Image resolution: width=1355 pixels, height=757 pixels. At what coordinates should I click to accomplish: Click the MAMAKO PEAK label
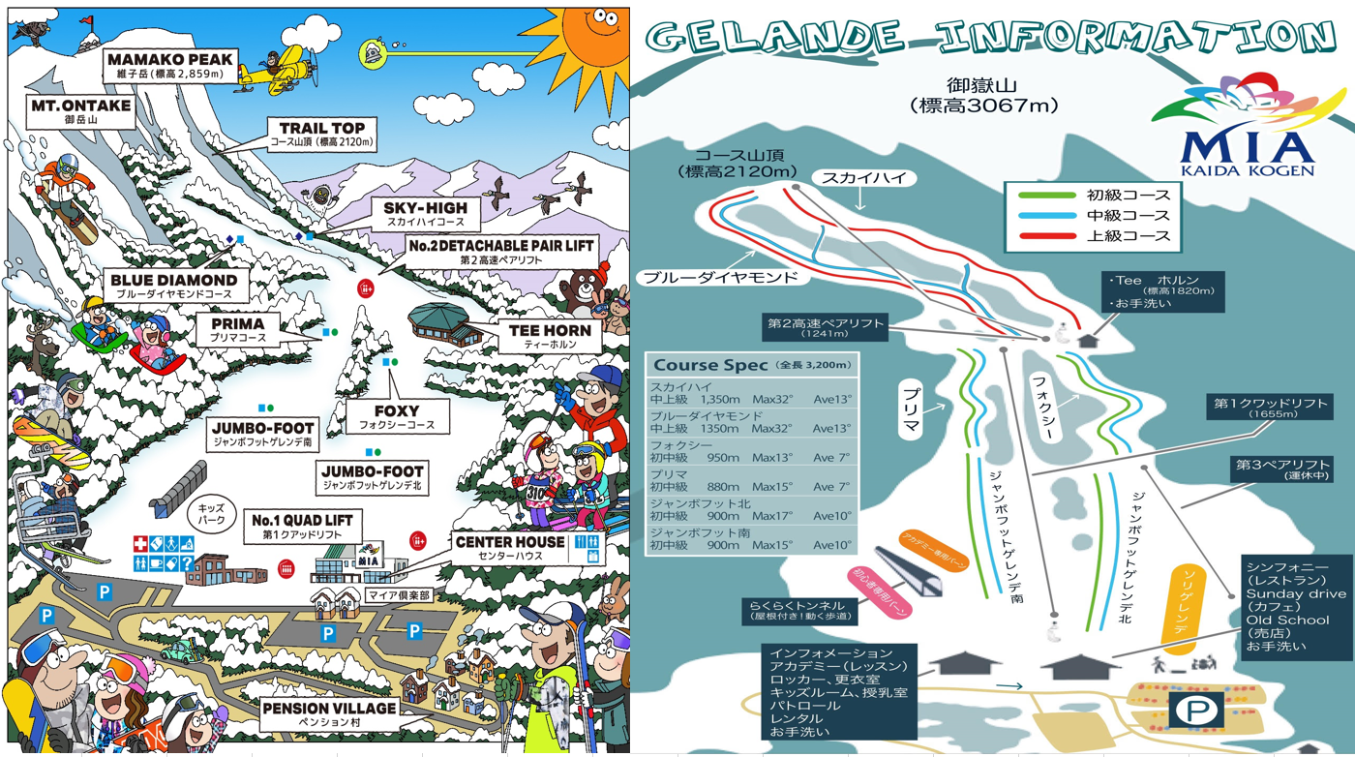(170, 65)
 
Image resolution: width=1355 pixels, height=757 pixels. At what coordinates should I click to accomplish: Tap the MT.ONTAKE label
(80, 111)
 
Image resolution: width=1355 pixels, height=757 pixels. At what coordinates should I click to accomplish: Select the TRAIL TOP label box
(321, 135)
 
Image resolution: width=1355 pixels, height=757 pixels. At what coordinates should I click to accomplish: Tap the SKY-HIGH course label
(425, 214)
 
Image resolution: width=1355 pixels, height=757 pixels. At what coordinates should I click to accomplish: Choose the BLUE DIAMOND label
(173, 286)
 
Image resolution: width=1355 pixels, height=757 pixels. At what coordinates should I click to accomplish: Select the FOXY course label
(397, 416)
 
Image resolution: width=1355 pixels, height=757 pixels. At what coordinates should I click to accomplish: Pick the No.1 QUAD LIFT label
(302, 527)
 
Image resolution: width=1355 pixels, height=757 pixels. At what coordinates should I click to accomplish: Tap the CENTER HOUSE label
(509, 548)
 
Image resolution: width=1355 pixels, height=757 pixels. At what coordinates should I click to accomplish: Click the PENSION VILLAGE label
(329, 714)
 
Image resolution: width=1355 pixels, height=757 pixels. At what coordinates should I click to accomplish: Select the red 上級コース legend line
(1047, 236)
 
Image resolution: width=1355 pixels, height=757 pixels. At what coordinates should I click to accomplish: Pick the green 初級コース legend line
(1047, 195)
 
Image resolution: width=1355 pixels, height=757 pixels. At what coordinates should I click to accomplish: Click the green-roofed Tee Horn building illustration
(447, 323)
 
